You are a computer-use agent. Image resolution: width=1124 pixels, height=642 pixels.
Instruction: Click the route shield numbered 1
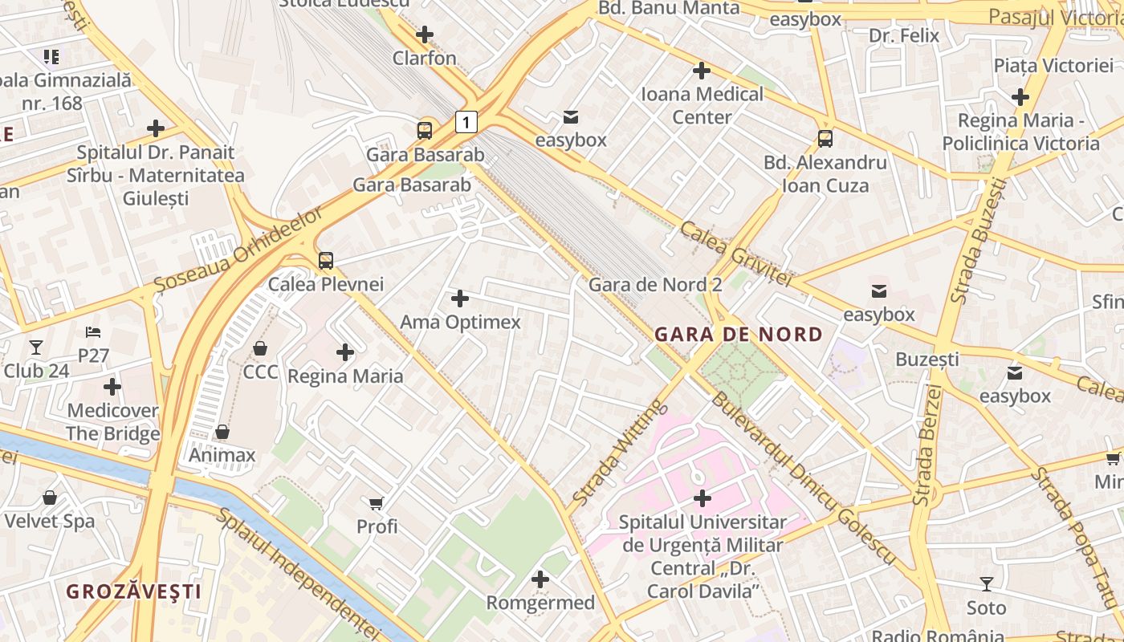coord(466,122)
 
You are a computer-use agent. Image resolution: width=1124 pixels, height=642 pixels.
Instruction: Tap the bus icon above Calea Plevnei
coord(325,260)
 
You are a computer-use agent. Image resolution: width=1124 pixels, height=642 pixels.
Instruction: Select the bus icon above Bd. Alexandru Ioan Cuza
coord(825,138)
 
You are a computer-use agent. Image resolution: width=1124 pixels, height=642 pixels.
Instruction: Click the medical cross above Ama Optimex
coord(460,299)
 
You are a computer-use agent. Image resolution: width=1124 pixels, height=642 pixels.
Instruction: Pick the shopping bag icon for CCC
coord(260,348)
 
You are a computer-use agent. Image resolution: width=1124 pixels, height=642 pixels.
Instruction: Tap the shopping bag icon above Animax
coord(222,432)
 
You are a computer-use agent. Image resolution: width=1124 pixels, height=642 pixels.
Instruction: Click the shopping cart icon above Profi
coord(377,503)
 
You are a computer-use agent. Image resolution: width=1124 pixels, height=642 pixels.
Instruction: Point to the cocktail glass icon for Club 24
coord(36,347)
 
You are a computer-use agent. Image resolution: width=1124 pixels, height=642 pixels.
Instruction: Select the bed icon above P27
coord(93,331)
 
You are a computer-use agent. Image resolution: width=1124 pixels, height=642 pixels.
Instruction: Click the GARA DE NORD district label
coord(739,335)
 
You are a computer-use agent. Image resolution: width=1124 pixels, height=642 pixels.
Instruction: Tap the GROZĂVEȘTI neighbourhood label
coord(133,591)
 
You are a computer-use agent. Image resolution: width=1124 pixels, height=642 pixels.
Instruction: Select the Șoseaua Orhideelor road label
coord(238,249)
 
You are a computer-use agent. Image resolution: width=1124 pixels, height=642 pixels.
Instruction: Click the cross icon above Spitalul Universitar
coord(702,498)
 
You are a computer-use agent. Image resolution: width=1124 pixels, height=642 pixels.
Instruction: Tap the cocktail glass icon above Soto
coord(986,583)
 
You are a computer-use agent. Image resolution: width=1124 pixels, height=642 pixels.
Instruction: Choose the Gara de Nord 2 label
coord(655,285)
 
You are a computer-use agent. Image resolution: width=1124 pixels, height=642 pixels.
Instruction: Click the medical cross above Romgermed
coord(540,579)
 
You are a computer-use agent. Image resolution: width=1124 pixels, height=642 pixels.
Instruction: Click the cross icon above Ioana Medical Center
coord(702,71)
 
